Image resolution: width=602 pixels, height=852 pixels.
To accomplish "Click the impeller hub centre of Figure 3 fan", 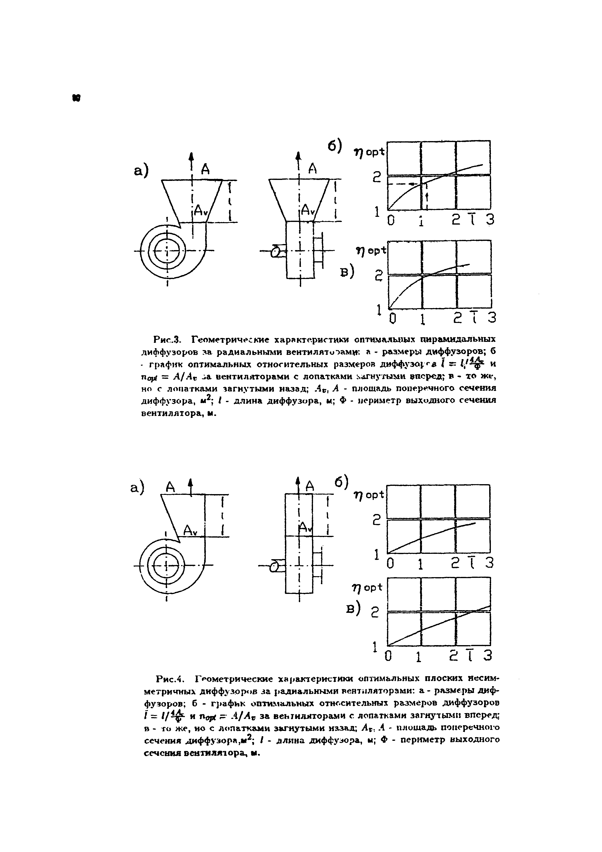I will point(167,251).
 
